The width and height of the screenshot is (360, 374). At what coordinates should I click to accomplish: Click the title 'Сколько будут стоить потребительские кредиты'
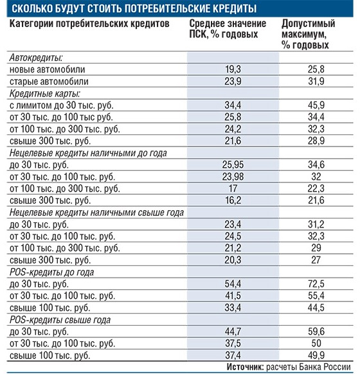(x=134, y=8)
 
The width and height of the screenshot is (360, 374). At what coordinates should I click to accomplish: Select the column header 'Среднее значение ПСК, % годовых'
(x=228, y=29)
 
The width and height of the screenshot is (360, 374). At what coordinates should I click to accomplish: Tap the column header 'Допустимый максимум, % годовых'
(x=308, y=34)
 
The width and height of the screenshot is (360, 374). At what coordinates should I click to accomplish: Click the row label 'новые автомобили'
(x=47, y=69)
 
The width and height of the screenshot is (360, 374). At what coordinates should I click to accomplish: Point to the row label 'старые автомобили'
(x=49, y=82)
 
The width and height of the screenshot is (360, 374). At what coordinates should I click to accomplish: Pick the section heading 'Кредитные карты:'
(x=44, y=94)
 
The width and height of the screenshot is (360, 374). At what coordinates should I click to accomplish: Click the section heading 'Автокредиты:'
(x=36, y=58)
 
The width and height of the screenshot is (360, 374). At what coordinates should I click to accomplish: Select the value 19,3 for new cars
(x=233, y=69)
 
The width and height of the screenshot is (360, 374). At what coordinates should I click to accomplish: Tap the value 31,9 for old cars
(x=316, y=82)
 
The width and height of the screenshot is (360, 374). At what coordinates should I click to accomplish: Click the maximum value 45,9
(x=316, y=105)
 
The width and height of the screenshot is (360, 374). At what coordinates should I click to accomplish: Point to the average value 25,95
(x=233, y=165)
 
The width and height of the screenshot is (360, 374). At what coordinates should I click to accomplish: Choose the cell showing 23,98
(x=233, y=177)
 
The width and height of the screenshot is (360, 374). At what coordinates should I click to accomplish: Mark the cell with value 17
(x=233, y=189)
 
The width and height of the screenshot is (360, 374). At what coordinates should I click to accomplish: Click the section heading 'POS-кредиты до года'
(x=52, y=272)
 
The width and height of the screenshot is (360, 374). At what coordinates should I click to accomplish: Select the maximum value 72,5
(x=316, y=284)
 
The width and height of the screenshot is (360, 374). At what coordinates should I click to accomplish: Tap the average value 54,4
(x=233, y=284)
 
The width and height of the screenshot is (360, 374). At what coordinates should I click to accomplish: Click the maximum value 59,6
(x=316, y=332)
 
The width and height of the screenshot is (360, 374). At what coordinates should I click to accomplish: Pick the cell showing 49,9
(x=316, y=355)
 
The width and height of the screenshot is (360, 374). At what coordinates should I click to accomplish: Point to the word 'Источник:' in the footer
(x=245, y=367)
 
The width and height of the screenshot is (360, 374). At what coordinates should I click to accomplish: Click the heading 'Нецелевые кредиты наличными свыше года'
(x=96, y=213)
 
